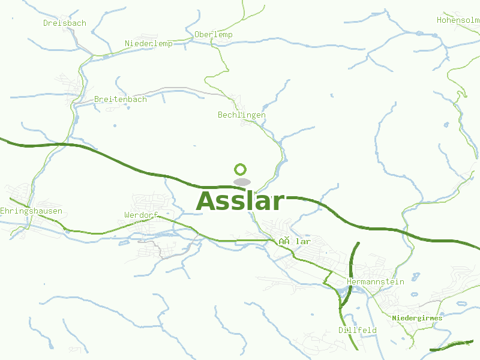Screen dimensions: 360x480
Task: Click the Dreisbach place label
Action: (x=65, y=23)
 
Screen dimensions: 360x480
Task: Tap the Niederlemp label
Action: (x=149, y=44)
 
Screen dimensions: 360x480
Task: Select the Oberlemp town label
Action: (x=214, y=35)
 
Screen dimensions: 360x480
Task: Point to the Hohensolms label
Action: (x=458, y=20)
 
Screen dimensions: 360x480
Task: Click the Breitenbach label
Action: (x=121, y=100)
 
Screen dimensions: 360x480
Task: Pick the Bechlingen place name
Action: (x=242, y=115)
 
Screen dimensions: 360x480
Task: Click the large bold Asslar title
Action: (x=240, y=201)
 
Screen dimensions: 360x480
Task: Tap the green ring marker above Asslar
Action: (x=241, y=170)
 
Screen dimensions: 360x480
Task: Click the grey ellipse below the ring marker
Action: (x=242, y=182)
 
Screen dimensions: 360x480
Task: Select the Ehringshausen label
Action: (x=31, y=211)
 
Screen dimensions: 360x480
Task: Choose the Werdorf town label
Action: (x=141, y=215)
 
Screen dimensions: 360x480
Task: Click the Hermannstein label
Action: (x=376, y=282)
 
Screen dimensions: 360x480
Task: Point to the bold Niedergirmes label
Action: (x=417, y=318)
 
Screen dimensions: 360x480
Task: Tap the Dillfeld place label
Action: (x=358, y=331)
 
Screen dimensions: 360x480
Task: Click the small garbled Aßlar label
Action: (x=295, y=242)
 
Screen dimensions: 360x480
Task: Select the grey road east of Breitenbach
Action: (x=180, y=89)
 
